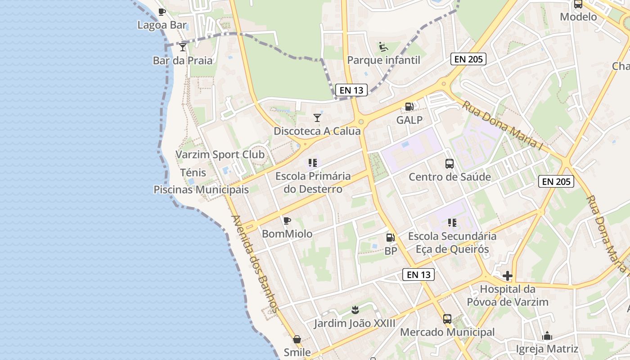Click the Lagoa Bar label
pyautogui.click(x=162, y=25)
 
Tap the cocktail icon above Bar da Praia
pyautogui.click(x=183, y=47)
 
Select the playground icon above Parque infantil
pyautogui.click(x=383, y=46)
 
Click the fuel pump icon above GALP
pyautogui.click(x=409, y=107)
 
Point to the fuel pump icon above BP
pyautogui.click(x=391, y=237)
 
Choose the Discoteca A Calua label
pyautogui.click(x=317, y=131)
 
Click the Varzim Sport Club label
pyautogui.click(x=220, y=155)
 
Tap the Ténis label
pyautogui.click(x=193, y=172)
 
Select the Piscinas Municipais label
pyautogui.click(x=201, y=189)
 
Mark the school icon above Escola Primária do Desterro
pyautogui.click(x=313, y=162)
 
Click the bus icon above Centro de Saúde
pyautogui.click(x=450, y=164)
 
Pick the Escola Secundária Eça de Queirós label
pyautogui.click(x=452, y=243)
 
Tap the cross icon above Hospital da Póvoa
pyautogui.click(x=508, y=275)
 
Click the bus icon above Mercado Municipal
pyautogui.click(x=447, y=319)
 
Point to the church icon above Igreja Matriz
pyautogui.click(x=547, y=336)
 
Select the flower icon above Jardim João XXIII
pyautogui.click(x=355, y=310)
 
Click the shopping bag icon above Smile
pyautogui.click(x=297, y=339)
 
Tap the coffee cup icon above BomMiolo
pyautogui.click(x=287, y=220)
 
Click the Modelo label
pyautogui.click(x=578, y=17)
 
